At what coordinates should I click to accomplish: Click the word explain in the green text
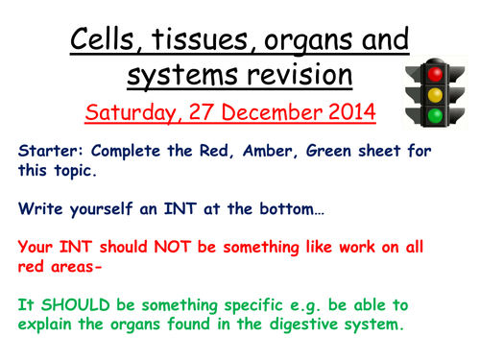coord(47,324)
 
